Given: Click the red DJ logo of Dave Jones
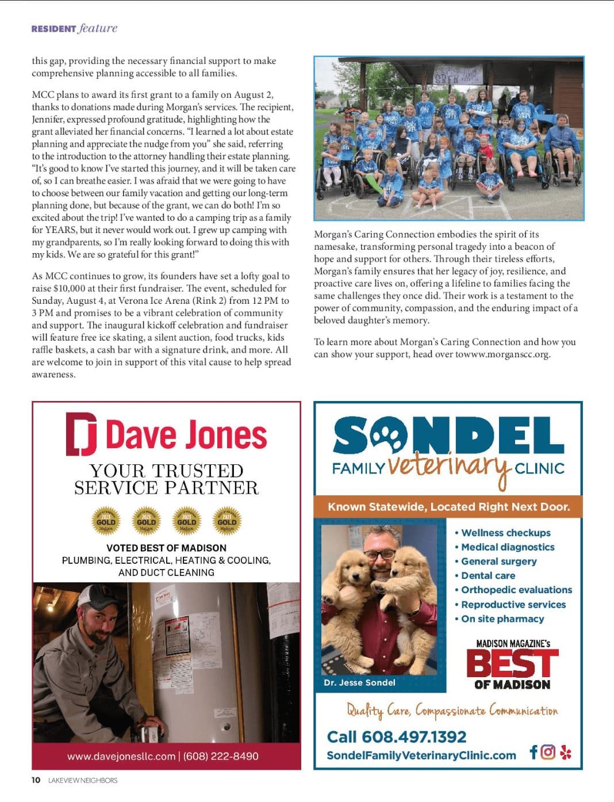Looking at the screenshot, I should (x=81, y=434).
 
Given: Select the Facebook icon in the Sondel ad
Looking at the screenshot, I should (x=534, y=752).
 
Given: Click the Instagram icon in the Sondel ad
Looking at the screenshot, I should (x=548, y=752).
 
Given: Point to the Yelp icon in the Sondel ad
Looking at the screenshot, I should (x=566, y=752).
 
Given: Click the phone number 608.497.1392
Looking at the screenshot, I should (x=396, y=737).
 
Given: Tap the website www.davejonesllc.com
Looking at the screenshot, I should (x=121, y=756).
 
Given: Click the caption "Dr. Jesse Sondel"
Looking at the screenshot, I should (x=359, y=682).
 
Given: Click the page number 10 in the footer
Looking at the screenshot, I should (x=36, y=780).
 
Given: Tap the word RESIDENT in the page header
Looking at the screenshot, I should (x=53, y=29).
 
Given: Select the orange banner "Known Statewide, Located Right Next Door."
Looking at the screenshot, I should (x=448, y=507).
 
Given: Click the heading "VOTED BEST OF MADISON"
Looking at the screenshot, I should (x=166, y=548).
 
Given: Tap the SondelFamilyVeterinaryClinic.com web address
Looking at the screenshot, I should (x=421, y=755).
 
